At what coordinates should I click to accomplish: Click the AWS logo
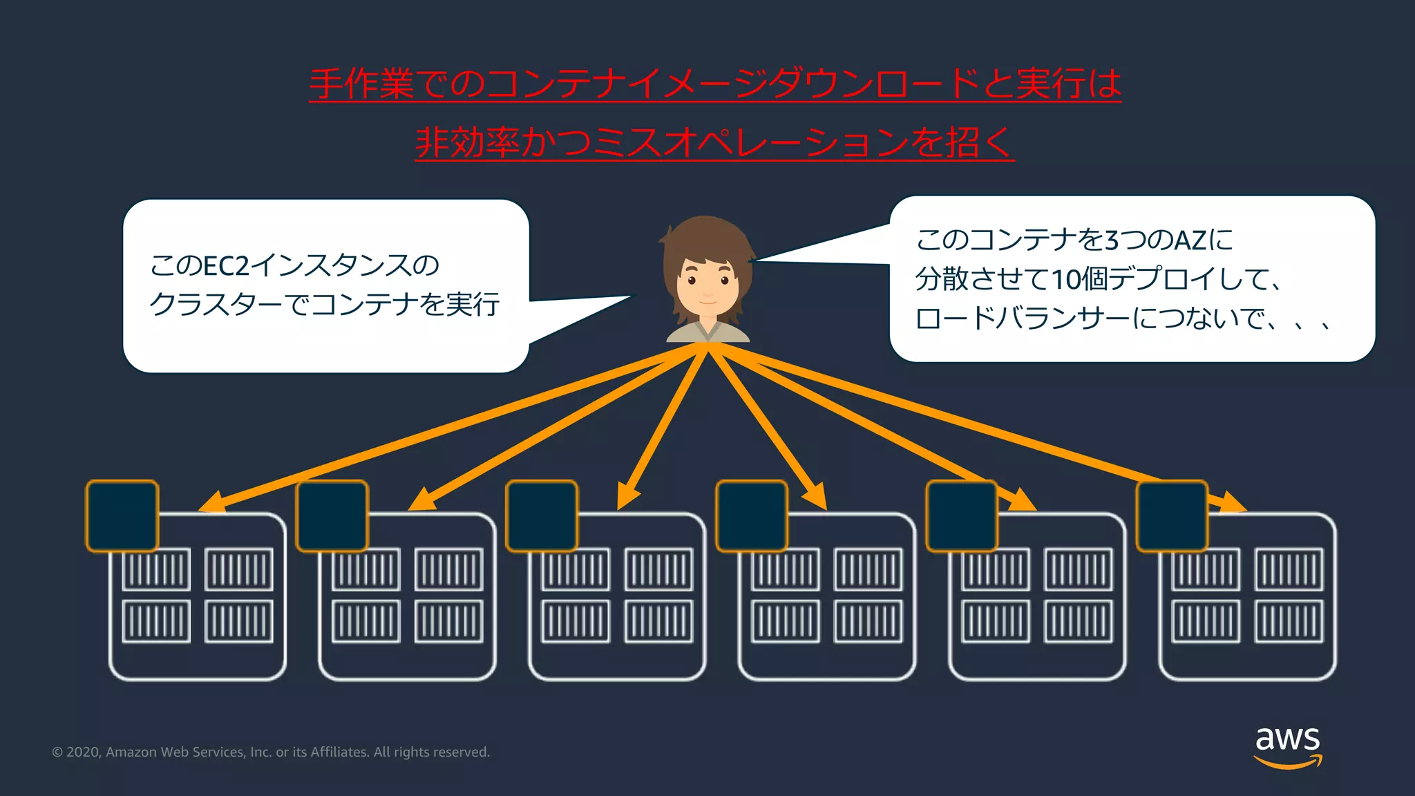pos(1288,746)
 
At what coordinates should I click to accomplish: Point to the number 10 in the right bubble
pos(1065,280)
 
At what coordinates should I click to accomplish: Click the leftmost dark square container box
pos(122,516)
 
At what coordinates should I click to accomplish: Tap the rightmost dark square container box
pos(1172,516)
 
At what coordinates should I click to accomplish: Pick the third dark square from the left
pos(542,516)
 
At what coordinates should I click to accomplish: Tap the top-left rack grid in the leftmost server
pos(156,569)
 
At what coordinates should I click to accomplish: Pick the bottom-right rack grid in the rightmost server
pos(1289,620)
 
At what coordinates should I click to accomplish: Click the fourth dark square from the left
pos(752,516)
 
